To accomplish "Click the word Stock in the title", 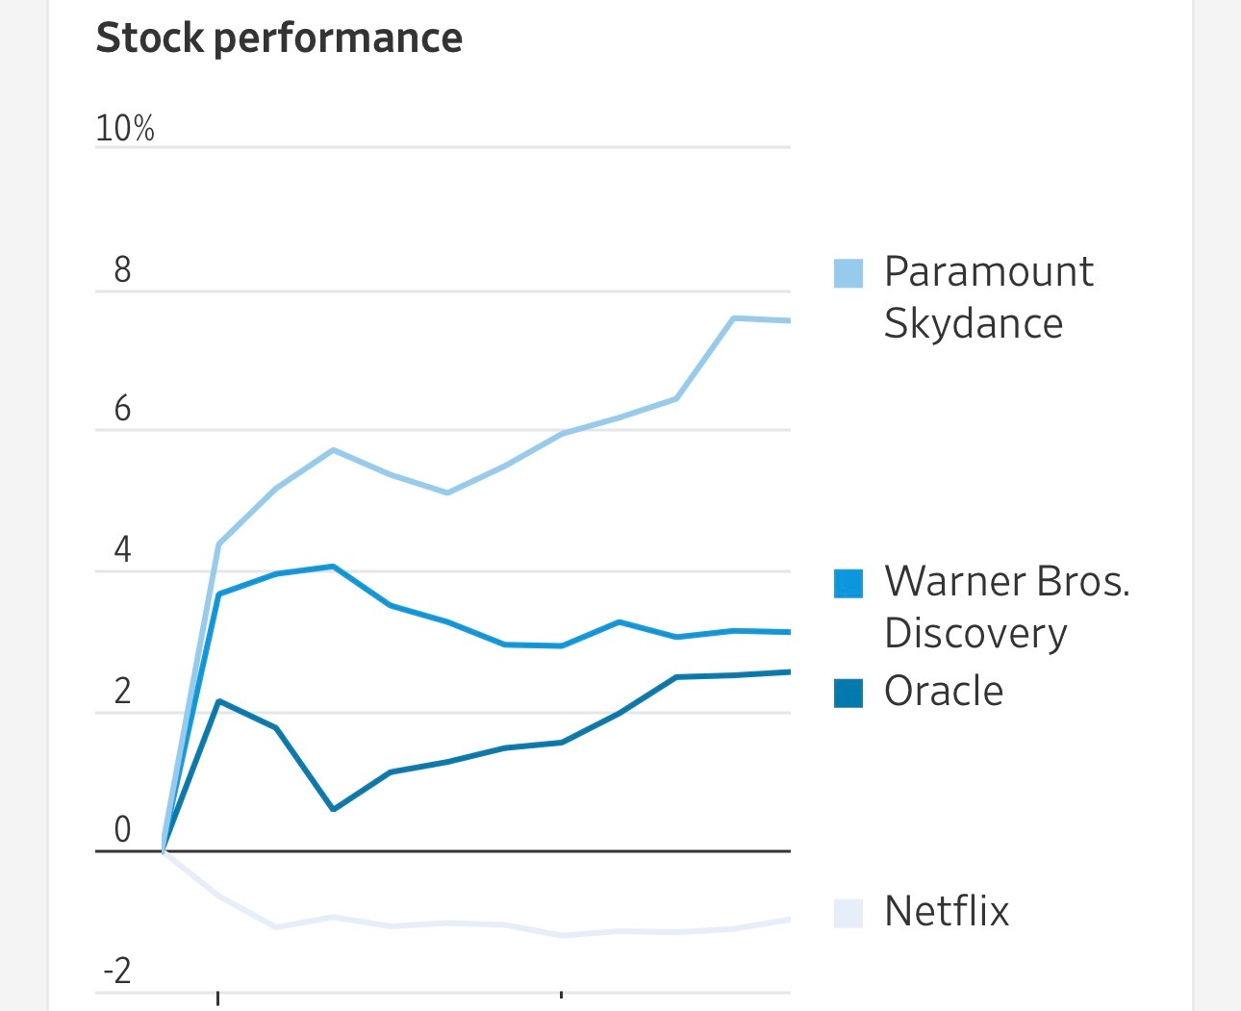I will (149, 38).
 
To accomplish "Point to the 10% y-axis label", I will (124, 128).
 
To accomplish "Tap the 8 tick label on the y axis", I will (122, 270).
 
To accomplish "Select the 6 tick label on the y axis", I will (122, 410).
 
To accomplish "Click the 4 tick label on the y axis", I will (122, 550).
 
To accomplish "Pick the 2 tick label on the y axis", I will (122, 692).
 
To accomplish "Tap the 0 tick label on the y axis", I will (122, 829).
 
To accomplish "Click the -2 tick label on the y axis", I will (116, 972).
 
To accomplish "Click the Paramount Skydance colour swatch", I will (848, 273).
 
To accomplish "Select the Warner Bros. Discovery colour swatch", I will (848, 583).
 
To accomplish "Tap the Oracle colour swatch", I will (848, 693).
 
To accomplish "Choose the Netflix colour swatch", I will (848, 913).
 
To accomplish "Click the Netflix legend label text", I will (947, 911).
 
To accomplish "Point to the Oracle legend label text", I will (943, 691).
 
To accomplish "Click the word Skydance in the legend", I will (974, 323).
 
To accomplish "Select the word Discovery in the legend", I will (975, 633).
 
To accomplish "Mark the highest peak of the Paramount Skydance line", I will (734, 317).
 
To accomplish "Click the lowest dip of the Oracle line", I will (333, 809).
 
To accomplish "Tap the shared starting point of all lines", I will (165, 850).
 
